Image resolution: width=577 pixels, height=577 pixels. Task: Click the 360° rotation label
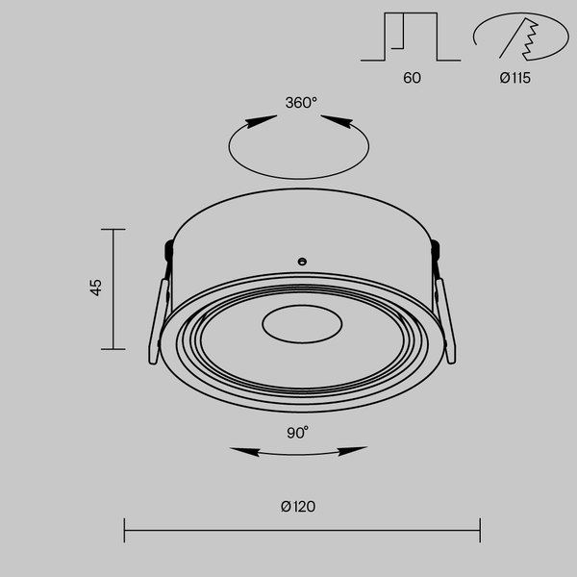301,103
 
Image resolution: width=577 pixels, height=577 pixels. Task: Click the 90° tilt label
297,433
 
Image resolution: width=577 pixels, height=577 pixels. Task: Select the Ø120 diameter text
298,507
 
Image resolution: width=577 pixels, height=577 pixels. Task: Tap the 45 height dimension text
95,287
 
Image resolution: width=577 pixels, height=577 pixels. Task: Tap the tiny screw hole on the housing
301,260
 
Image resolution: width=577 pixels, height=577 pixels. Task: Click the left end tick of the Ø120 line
125,530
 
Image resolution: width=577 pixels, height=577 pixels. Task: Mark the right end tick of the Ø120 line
479,530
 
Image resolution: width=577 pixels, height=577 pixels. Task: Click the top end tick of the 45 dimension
113,230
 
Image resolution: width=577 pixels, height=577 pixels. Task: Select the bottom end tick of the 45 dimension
113,349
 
